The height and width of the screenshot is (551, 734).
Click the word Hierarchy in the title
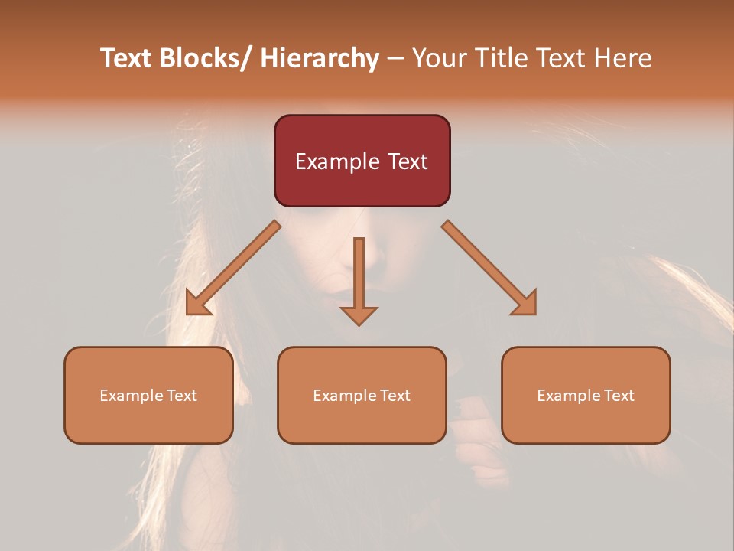click(x=320, y=58)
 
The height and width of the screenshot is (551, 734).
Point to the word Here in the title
click(x=622, y=58)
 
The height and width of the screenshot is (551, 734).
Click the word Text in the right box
click(x=619, y=396)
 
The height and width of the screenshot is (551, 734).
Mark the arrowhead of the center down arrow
click(x=359, y=315)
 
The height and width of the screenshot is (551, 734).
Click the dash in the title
click(x=395, y=59)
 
